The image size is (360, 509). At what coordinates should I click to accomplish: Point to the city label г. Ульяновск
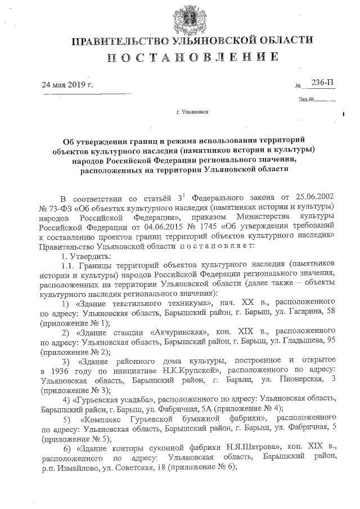pos(192,112)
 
